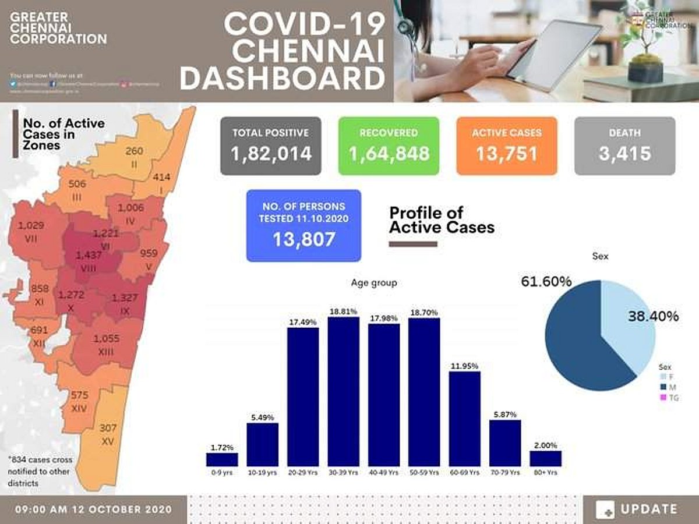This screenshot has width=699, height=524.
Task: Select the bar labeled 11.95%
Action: coord(464,419)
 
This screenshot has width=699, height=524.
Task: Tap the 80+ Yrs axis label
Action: coord(545,473)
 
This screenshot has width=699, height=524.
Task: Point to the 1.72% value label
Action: coord(221,447)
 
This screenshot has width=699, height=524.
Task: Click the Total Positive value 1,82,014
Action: coord(271,154)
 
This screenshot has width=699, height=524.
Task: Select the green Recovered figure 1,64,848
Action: coord(389,154)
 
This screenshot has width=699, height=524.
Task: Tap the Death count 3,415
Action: coord(624,154)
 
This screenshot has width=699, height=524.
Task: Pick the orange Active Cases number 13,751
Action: coord(507,154)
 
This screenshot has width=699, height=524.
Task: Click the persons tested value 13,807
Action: coord(303,239)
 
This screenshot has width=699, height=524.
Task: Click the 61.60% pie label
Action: coord(546,282)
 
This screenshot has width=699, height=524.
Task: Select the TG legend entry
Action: coord(669,398)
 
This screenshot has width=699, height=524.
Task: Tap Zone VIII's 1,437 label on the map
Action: coord(89,256)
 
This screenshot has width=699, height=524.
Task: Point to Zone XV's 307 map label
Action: coord(108,428)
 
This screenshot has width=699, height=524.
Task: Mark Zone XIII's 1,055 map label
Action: coord(106,338)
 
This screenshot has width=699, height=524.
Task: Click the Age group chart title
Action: coord(373,283)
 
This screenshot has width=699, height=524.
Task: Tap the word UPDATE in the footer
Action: coord(649,509)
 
